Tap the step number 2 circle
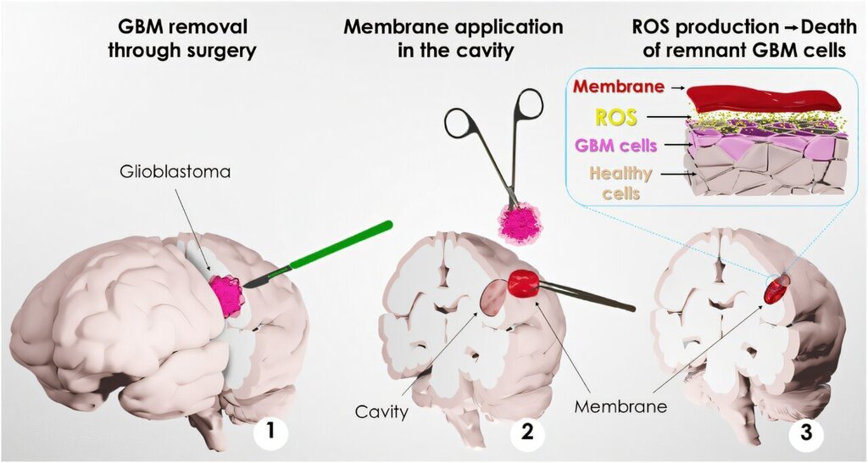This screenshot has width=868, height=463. pos(526,433)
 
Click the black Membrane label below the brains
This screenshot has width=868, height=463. pos(620,405)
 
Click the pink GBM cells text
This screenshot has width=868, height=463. pos(615,145)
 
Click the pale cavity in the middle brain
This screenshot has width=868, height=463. pos(492,298)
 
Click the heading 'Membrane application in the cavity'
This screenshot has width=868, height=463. pos(453,38)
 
